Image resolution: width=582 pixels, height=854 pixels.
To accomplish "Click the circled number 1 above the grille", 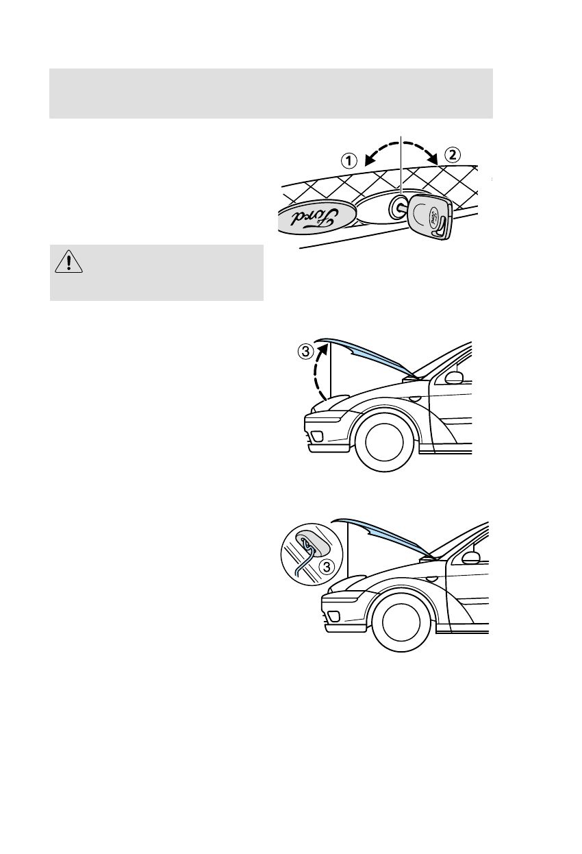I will tap(349, 161).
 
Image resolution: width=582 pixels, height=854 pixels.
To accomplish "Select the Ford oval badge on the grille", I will tap(316, 217).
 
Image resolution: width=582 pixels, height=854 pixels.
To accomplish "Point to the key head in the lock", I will tap(429, 217).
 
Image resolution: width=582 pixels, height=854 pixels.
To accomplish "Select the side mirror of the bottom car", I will tap(470, 557).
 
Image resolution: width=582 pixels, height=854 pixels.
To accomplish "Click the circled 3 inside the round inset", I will tap(327, 566).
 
